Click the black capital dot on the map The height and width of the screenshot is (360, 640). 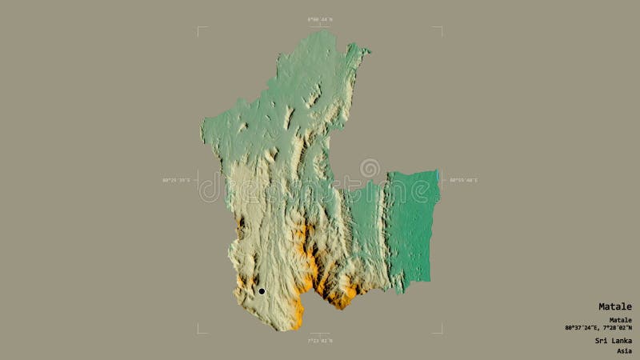point(261,291)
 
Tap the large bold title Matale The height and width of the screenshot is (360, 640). point(614,306)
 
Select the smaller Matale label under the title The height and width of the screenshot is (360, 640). point(619,320)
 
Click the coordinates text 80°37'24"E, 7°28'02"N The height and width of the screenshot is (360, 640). point(598,328)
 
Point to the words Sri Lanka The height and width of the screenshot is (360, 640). point(613,341)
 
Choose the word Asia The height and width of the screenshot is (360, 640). point(623,350)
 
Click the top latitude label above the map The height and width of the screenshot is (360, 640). point(319,18)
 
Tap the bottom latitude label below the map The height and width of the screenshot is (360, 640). point(319,342)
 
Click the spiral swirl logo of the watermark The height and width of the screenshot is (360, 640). point(370,169)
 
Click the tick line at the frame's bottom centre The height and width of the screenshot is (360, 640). point(319,334)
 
